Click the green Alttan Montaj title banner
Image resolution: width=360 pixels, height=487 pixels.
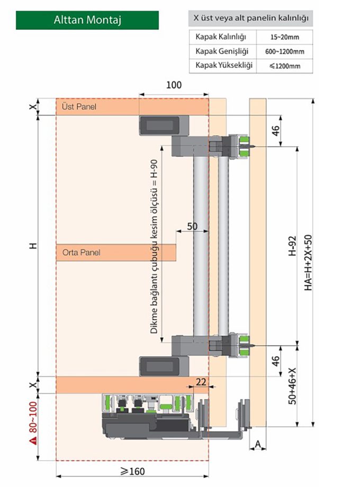coord(87,20)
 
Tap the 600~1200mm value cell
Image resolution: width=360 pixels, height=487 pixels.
coord(284,52)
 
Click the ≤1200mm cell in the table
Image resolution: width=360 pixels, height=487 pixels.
coord(284,66)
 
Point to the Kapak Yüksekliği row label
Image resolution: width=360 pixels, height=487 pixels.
coord(221,65)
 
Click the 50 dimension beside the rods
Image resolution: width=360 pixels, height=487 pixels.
coord(192,226)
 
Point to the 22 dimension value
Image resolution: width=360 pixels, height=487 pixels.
coord(201,382)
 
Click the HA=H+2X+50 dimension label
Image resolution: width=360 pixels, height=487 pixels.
coord(308,263)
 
